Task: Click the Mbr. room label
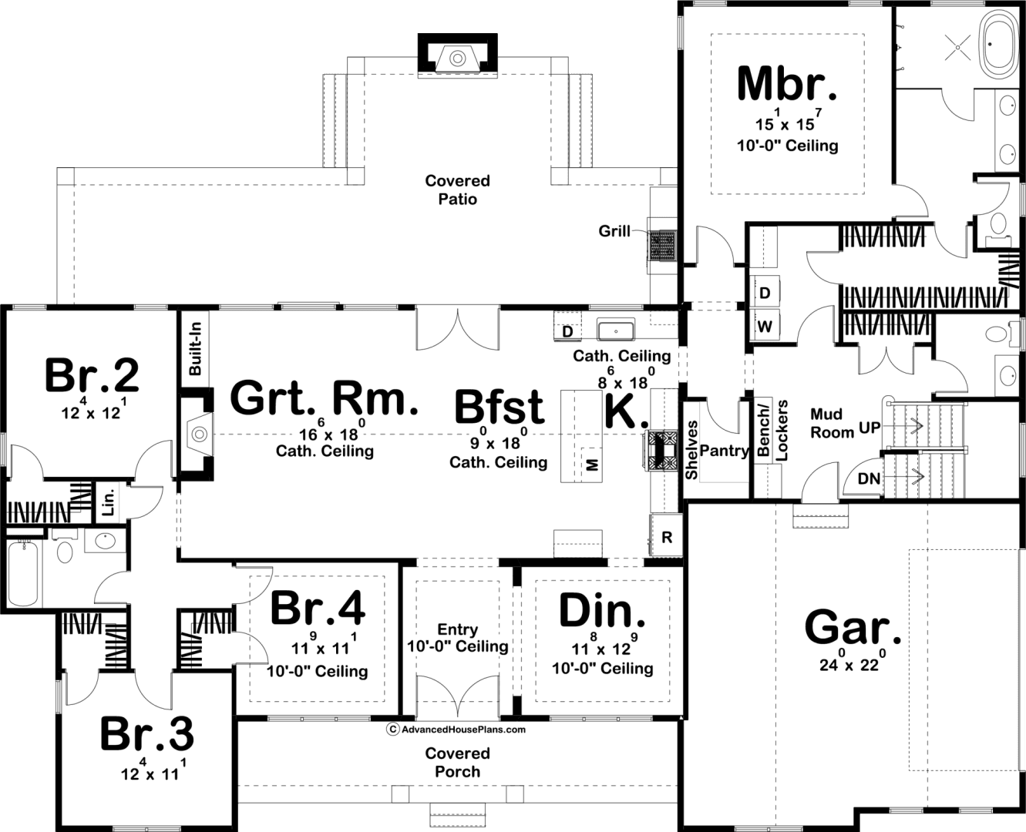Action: pos(787,85)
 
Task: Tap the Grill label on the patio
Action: pos(614,231)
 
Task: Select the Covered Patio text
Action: pos(458,190)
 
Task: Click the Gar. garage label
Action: pos(852,628)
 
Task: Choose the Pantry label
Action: pos(725,451)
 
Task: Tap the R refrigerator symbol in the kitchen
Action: pos(667,537)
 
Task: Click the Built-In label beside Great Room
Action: pos(195,349)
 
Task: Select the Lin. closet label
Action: pos(109,502)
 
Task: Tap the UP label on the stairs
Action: pos(870,428)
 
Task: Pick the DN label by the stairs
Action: pos(870,479)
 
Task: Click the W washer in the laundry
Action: pos(765,327)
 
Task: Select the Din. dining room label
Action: pos(602,611)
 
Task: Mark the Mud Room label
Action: pos(833,424)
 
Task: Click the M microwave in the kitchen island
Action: pos(592,465)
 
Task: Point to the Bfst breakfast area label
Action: pos(500,408)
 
